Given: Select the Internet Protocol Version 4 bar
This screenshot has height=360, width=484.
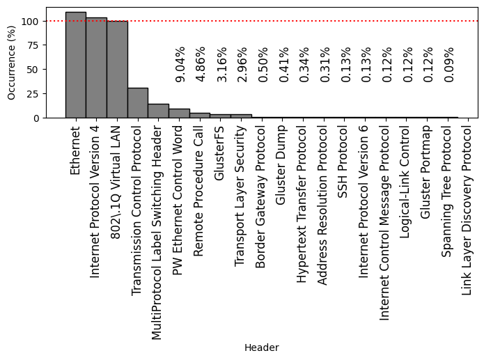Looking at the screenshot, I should click(96, 68).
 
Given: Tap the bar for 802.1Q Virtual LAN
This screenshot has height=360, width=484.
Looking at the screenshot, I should click(117, 70).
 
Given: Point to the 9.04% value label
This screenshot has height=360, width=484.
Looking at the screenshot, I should click(180, 65).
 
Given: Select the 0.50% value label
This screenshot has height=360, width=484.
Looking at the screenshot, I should click(263, 65).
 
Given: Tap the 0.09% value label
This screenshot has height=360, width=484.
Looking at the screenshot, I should click(449, 65).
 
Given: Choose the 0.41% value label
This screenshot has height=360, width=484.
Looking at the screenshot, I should click(284, 65).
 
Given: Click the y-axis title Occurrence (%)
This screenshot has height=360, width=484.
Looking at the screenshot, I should click(11, 63).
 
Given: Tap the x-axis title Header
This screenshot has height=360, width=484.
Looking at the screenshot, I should click(261, 347).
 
